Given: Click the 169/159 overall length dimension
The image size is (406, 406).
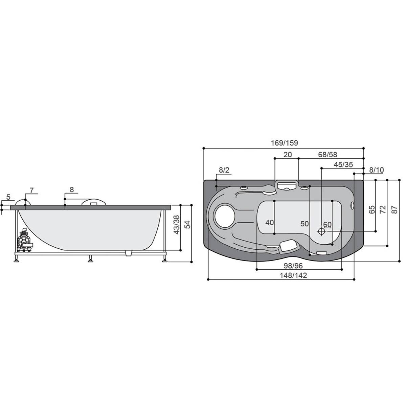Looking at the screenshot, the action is (284, 143).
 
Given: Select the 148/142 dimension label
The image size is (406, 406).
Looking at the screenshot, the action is (293, 275).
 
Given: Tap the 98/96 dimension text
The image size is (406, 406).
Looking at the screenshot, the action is (293, 266).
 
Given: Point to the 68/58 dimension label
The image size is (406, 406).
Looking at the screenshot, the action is (328, 154).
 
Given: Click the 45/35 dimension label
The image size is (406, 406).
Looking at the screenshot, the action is (343, 164).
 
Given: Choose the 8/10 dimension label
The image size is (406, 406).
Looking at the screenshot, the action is (377, 170).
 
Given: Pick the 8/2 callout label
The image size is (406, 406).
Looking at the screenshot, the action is (224, 170).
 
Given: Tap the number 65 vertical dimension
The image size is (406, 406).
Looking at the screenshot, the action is (372, 210).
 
